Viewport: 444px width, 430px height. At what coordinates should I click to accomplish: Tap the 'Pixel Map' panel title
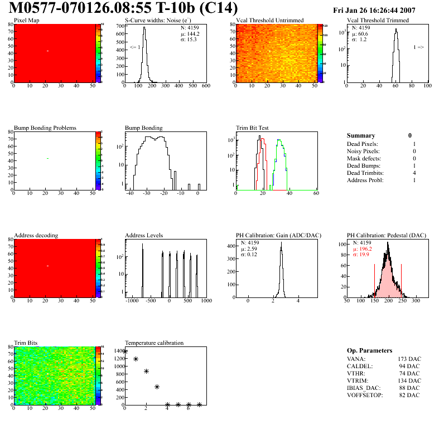click(26, 21)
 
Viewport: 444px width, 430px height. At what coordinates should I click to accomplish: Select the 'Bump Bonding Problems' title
click(45, 128)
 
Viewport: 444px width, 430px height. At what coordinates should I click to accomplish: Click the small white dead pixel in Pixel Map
click(47, 51)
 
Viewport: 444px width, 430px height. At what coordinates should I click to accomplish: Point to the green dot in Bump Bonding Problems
click(47, 159)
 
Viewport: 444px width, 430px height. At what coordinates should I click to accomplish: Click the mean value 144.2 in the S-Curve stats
click(193, 34)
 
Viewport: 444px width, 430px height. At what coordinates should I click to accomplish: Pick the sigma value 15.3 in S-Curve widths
click(192, 40)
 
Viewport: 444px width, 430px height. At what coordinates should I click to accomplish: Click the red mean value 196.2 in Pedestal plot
click(365, 249)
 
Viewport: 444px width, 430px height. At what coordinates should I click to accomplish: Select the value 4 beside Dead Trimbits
click(414, 173)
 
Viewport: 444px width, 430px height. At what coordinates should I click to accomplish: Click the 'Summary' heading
click(361, 135)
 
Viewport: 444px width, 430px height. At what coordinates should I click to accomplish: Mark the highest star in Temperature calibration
click(125, 351)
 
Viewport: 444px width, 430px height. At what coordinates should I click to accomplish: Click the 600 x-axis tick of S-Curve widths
click(205, 86)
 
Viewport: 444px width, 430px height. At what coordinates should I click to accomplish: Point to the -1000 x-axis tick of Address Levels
click(132, 301)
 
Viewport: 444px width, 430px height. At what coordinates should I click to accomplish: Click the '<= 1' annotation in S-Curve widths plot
click(134, 47)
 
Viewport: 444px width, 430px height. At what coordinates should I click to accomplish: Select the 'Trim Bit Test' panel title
click(253, 128)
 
